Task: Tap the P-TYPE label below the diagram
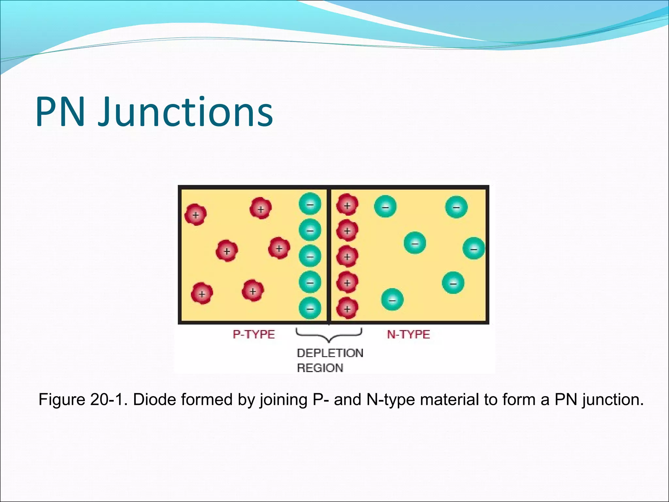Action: [254, 334]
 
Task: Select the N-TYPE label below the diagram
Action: [408, 334]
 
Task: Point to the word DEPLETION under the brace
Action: [330, 353]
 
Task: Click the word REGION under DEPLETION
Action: [320, 368]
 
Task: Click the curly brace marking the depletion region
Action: [329, 335]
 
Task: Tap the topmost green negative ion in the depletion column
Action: [310, 204]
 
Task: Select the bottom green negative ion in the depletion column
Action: [310, 308]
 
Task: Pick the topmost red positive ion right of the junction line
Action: [347, 205]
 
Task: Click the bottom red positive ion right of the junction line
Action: [347, 308]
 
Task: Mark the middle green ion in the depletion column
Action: [310, 256]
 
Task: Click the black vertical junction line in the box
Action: [329, 255]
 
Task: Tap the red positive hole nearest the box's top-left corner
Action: [195, 215]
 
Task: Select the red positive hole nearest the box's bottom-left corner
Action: [202, 293]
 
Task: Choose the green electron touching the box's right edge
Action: [474, 249]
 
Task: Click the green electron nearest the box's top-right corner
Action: [456, 207]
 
